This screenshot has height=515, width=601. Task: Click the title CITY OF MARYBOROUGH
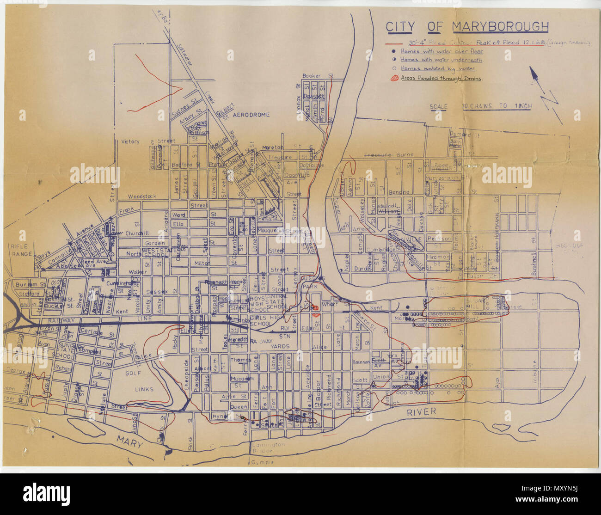[x=467, y=27]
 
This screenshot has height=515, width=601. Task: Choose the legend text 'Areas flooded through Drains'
[x=441, y=79]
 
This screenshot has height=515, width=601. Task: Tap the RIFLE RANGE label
[x=22, y=250]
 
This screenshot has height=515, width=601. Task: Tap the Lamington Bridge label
[x=269, y=448]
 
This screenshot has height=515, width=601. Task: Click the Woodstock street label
[x=142, y=196]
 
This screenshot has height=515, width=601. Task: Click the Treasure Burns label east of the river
[x=388, y=155]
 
